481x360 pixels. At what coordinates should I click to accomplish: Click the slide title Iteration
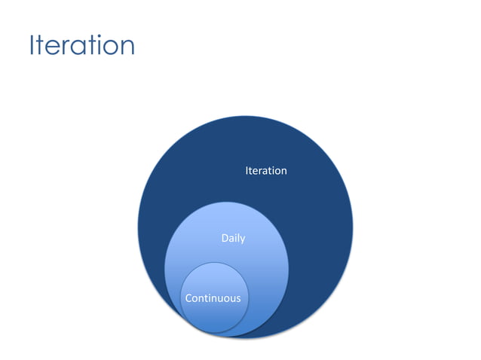click(81, 46)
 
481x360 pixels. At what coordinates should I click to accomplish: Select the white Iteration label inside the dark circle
click(265, 171)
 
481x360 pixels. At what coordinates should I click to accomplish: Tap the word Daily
click(232, 239)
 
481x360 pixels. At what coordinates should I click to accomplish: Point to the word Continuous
click(213, 298)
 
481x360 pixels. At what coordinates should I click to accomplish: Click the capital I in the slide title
click(32, 46)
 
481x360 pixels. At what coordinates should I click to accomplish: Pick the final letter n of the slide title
click(127, 48)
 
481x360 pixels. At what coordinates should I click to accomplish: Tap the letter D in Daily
click(224, 239)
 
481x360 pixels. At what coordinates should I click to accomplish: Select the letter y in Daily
click(242, 240)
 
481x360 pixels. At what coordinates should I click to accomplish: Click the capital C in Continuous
click(188, 298)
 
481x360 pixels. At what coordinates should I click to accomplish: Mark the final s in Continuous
click(238, 299)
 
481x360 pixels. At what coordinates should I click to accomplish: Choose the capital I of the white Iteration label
click(247, 171)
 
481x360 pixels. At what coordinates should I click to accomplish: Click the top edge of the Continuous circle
click(213, 263)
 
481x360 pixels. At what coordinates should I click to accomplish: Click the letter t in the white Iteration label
click(252, 171)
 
